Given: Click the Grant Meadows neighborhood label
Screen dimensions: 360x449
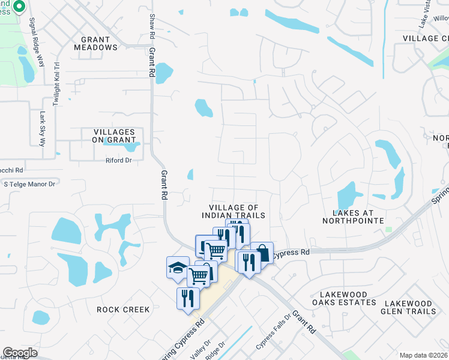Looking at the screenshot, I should coord(95,43).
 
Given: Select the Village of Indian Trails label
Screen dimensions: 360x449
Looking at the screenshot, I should coord(234,211).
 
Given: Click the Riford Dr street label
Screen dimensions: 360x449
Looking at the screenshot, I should coord(118,160).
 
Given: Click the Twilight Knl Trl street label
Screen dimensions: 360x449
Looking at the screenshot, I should coord(58,84).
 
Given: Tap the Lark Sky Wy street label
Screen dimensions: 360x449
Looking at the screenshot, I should coord(43,129).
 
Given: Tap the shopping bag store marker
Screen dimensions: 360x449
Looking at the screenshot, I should coord(262,252).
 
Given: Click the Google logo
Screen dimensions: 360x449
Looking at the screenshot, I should coord(20,353).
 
